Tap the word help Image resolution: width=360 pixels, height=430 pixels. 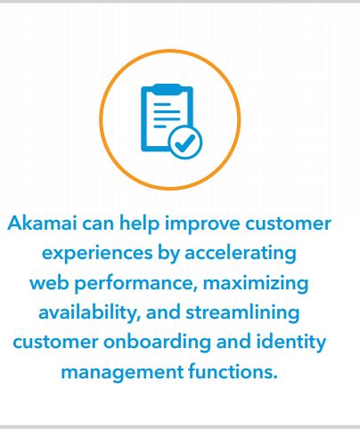(139, 223)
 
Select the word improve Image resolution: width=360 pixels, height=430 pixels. (202, 224)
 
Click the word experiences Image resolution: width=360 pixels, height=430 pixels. (97, 254)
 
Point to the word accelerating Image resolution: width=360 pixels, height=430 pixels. (241, 253)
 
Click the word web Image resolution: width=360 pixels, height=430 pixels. (49, 282)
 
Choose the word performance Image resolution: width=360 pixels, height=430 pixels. (136, 284)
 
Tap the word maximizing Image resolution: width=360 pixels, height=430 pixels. (256, 283)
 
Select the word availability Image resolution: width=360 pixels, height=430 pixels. (89, 312)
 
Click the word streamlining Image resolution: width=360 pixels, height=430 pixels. (242, 312)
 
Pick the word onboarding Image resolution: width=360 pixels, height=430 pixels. (157, 343)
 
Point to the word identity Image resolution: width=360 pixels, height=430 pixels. (291, 343)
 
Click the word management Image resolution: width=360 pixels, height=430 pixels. (122, 372)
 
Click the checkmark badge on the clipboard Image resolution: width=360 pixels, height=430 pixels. (185, 142)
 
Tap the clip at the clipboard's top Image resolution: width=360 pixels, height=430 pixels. (167, 89)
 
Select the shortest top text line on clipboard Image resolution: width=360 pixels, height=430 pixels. (162, 104)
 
